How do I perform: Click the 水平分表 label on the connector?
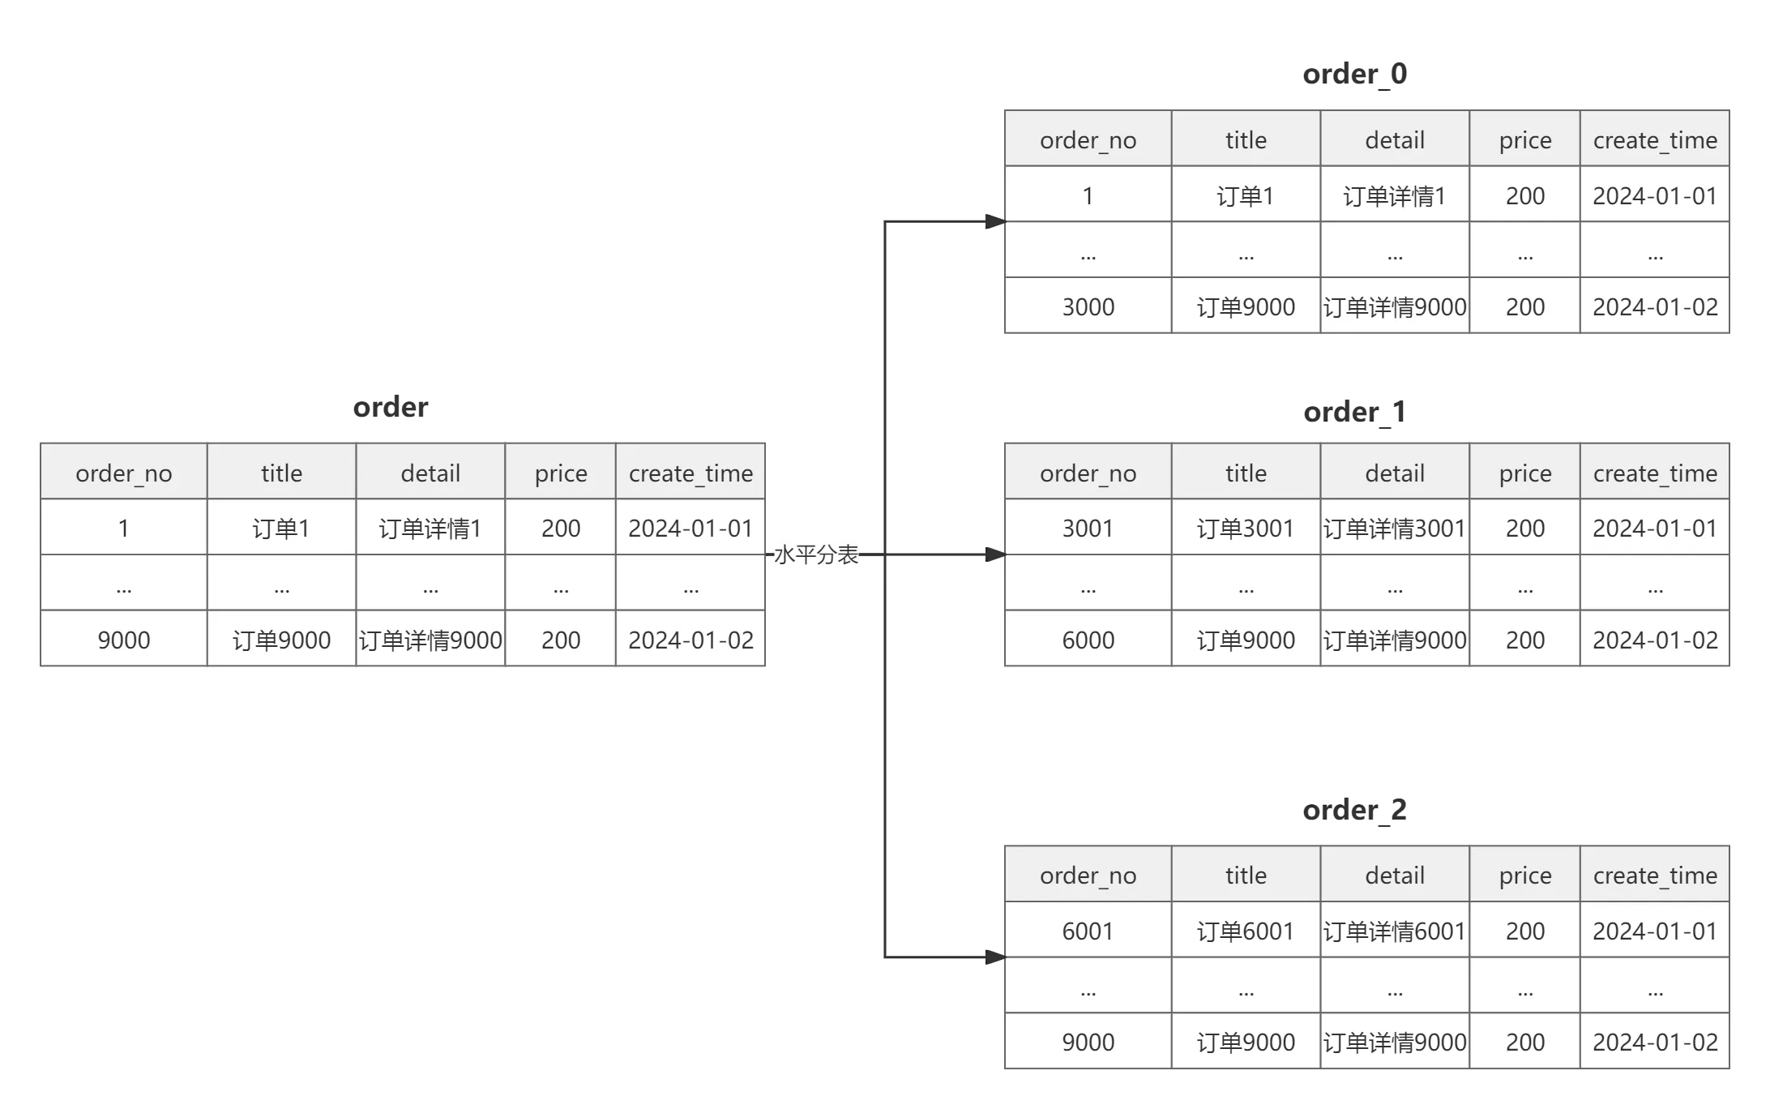[815, 555]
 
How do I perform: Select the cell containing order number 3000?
[1088, 307]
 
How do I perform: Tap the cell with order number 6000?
[1088, 640]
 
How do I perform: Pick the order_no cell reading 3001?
[1088, 529]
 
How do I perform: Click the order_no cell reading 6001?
[1088, 931]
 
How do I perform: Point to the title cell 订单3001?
[1246, 529]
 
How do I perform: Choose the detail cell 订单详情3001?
[1394, 529]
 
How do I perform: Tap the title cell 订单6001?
[1246, 931]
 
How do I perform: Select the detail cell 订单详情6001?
[1394, 931]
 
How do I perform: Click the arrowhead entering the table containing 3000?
[994, 221]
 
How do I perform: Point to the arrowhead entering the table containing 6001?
[994, 957]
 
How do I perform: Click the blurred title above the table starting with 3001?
[1354, 412]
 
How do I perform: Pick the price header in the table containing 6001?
[1524, 876]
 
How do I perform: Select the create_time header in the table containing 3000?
[1655, 140]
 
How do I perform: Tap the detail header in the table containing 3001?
[1394, 473]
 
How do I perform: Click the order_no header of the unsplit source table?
[123, 473]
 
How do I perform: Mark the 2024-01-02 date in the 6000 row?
[1655, 640]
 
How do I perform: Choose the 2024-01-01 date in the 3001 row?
[1655, 529]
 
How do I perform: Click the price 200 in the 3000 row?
[1524, 307]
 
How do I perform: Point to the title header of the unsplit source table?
[281, 473]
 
